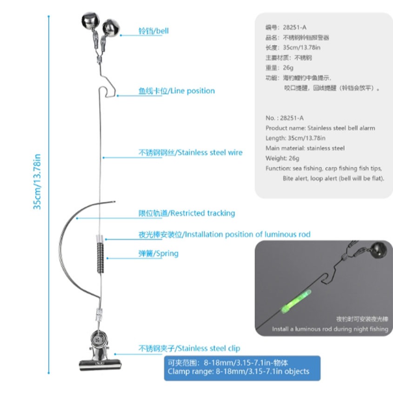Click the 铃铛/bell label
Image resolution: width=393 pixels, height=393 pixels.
tap(153, 31)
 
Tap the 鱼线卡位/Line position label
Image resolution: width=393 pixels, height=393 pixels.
tap(177, 91)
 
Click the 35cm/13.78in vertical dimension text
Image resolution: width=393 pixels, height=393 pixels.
tap(37, 181)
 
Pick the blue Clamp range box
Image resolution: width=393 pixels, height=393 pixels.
tap(242, 367)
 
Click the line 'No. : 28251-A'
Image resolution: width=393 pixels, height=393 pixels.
tap(285, 118)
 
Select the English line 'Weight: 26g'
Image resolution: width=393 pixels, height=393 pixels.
tap(282, 158)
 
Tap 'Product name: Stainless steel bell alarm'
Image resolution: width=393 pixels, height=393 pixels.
tap(320, 128)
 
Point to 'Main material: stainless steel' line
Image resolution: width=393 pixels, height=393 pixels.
tap(305, 148)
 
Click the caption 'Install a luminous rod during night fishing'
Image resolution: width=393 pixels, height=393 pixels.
tap(330, 329)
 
